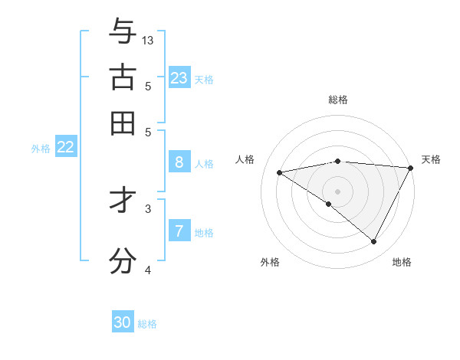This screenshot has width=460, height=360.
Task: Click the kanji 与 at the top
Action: point(123,31)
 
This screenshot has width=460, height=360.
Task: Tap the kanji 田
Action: point(123,123)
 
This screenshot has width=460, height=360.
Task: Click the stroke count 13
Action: point(148,40)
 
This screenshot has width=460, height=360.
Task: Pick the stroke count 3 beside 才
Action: point(148,208)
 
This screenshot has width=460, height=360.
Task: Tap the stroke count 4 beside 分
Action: point(148,270)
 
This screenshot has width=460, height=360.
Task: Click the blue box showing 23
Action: point(179,77)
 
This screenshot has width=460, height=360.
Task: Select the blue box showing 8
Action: point(179,162)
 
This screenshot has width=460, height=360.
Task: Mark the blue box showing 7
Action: point(179,231)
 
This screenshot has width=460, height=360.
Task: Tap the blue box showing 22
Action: point(65,147)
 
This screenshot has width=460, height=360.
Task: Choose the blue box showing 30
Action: point(123,322)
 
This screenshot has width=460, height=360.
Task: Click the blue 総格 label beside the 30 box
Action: point(147,324)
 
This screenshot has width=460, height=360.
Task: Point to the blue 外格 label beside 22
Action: point(40,149)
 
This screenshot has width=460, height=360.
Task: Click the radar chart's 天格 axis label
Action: point(431,159)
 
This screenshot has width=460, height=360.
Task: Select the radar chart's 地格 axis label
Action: point(402,262)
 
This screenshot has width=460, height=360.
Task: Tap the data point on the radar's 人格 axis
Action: point(280,172)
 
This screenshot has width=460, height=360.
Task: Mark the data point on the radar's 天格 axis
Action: point(411,168)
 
